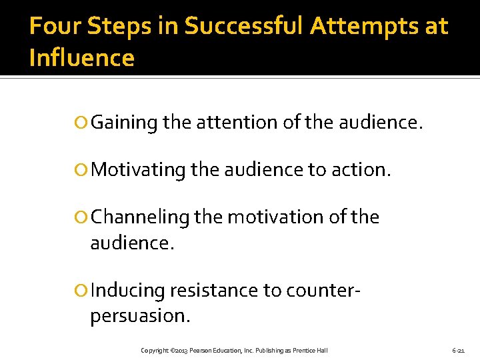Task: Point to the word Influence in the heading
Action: [82, 59]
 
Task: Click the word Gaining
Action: [124, 123]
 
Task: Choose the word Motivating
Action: [138, 171]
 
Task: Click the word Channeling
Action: [139, 218]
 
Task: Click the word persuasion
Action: [140, 316]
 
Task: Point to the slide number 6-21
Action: [458, 351]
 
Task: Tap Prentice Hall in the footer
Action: [309, 351]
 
